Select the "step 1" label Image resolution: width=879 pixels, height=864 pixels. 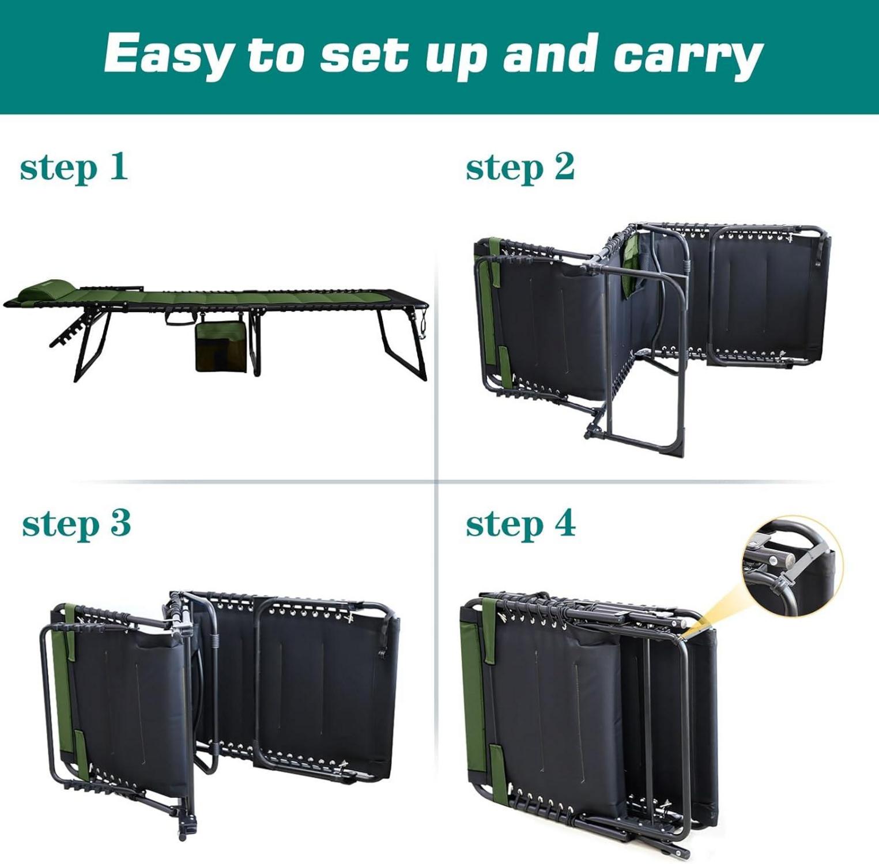coord(73,168)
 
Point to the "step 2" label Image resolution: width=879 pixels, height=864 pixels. coord(520,168)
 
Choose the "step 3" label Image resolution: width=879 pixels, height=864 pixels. coord(76,525)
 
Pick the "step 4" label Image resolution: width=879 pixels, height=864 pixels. coord(520,525)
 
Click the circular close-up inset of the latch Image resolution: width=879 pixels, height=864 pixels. coord(793,566)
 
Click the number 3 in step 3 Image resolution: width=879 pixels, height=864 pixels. coord(120,522)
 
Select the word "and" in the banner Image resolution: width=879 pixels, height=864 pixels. coord(549,54)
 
